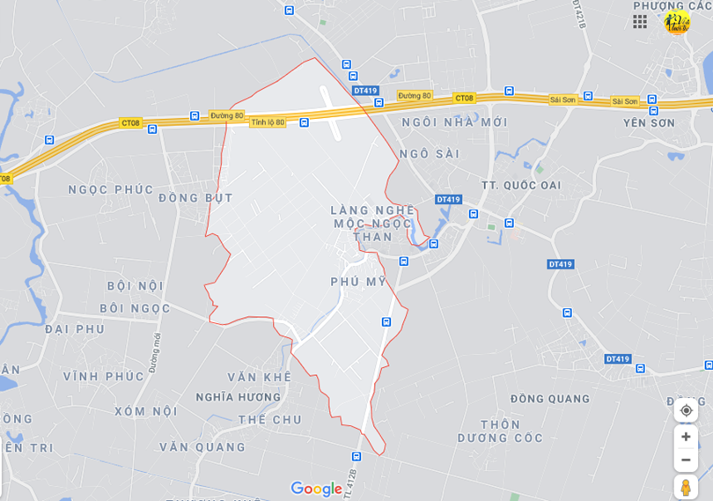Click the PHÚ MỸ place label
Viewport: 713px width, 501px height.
pos(357,281)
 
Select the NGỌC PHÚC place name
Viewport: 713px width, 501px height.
pos(111,189)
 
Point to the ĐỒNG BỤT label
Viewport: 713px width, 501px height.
pos(195,198)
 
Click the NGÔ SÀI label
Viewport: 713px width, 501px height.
pos(430,153)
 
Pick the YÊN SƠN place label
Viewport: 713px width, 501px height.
pos(649,123)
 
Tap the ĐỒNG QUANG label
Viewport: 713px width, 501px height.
pos(549,399)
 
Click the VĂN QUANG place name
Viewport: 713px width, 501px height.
pos(202,447)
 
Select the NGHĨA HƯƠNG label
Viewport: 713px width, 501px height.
pos(239,397)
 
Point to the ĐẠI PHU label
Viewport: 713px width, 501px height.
pos(74,329)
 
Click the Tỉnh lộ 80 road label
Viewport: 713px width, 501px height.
pos(268,122)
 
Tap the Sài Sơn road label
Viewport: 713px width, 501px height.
pos(624,101)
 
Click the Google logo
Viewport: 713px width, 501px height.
pos(316,489)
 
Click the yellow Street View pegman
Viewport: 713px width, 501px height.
pos(686,486)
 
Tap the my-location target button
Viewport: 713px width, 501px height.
pos(686,410)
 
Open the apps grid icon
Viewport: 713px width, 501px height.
pos(640,21)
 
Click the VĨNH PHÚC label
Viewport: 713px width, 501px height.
pos(103,376)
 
